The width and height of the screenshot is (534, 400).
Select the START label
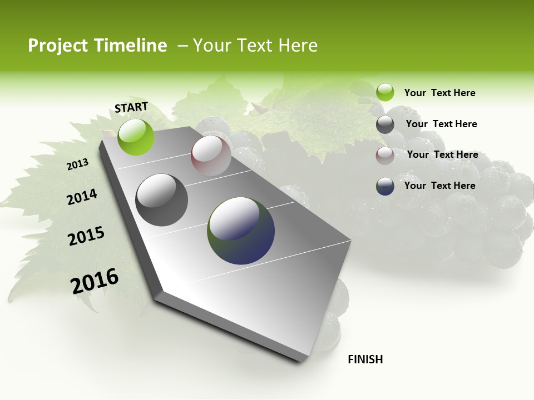131,107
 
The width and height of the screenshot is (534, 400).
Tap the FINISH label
365,359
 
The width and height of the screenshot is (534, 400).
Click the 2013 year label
77,164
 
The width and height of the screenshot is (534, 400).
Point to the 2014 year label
82,197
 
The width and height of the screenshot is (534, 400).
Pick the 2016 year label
95,281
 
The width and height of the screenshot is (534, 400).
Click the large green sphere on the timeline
136,137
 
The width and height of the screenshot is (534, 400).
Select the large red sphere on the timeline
211,156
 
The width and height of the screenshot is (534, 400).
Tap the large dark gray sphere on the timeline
161,200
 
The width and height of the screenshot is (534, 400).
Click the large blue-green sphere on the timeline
241,231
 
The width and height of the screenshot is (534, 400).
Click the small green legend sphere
385,92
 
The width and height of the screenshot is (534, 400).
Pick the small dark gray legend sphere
385,124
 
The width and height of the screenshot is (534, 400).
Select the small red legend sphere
385,156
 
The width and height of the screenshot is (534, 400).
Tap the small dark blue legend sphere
385,186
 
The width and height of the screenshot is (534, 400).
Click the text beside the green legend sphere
439,93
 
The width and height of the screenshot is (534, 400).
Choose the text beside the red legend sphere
442,154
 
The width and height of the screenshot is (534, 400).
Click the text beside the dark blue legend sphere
439,186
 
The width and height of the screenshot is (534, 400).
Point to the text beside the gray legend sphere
441,124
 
